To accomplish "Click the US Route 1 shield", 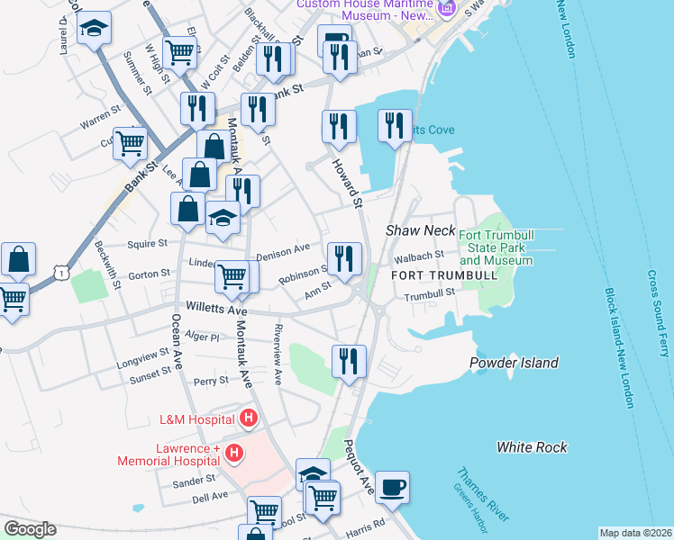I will (59, 269).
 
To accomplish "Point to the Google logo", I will (30, 529).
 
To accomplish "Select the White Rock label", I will (532, 446).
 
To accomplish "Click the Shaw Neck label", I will (421, 230).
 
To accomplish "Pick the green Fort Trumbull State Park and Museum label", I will (496, 247).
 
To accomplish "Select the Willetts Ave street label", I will (217, 310).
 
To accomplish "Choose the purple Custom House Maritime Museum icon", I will (444, 9).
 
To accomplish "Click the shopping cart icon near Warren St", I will (130, 142).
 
